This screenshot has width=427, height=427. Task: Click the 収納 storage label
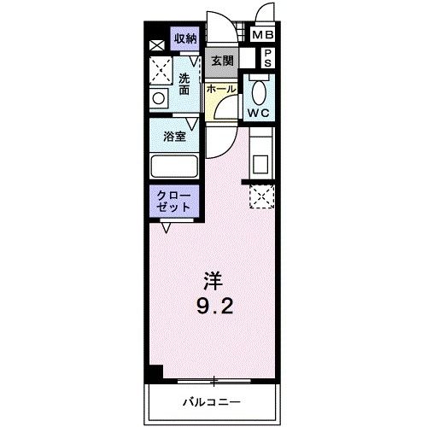tap(186, 38)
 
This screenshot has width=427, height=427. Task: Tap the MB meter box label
tap(262, 35)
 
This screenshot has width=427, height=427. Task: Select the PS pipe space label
tap(267, 58)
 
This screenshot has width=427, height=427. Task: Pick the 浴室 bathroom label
tap(175, 136)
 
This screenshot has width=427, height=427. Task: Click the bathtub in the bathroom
tap(174, 165)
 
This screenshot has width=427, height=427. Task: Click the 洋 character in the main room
tap(213, 279)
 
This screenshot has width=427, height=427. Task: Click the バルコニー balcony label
tap(210, 401)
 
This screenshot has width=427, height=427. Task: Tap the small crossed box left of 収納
tap(156, 45)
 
